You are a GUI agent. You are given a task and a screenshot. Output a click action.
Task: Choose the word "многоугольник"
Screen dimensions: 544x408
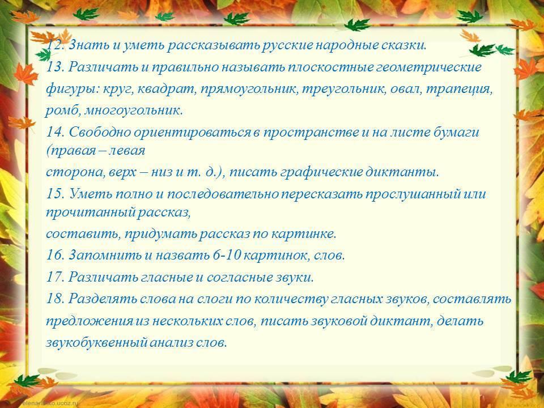133,111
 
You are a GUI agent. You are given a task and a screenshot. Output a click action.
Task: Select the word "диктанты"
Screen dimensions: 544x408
402,172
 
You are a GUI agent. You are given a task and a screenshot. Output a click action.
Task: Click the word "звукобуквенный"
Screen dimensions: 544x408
96,342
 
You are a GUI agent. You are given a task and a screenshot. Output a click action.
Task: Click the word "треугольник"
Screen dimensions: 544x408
344,89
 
